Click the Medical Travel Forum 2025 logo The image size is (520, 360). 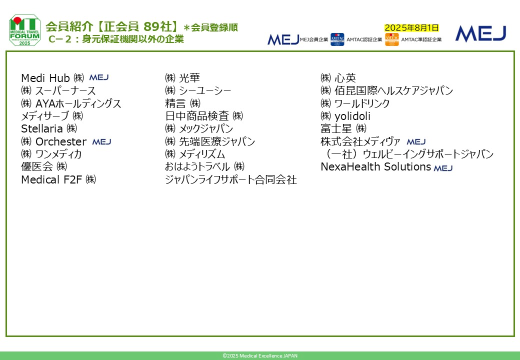25,30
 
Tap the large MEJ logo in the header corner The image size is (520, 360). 480,34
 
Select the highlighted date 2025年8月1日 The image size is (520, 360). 411,28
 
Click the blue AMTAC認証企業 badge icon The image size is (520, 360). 337,39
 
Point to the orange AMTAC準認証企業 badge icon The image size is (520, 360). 392,39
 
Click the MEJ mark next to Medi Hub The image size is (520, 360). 99,77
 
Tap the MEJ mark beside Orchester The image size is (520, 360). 101,142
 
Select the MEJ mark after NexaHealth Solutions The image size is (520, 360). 443,168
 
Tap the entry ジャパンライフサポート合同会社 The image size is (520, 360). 231,179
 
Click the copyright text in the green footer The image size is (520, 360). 260,355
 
